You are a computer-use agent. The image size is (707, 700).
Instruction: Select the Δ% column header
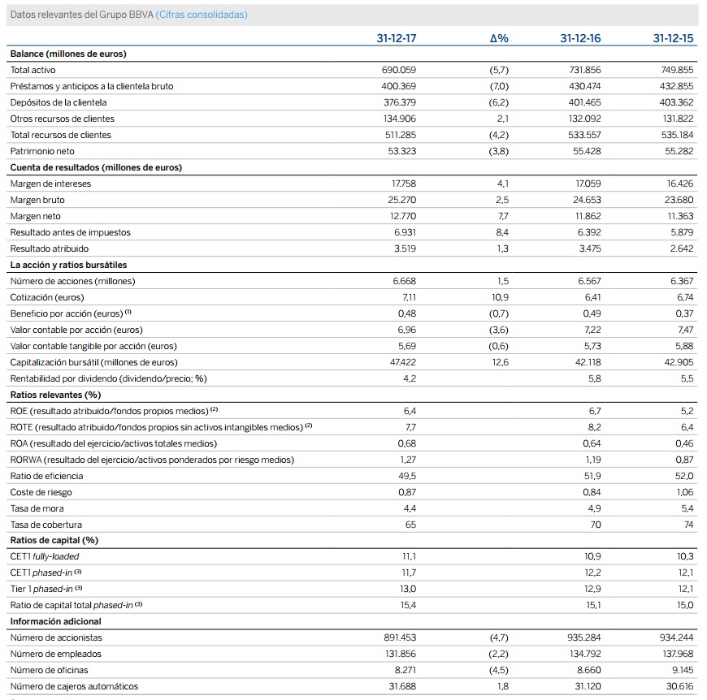coord(499,38)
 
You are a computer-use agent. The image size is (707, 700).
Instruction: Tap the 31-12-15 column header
coord(673,38)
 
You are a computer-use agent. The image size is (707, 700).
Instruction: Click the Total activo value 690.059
coord(399,70)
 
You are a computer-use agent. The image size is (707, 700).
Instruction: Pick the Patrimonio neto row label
coord(41,151)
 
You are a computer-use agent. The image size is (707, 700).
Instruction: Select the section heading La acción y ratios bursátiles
coord(68,265)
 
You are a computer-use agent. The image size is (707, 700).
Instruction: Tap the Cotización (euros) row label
coord(46,297)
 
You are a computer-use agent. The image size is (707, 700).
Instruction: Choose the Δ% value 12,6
coord(500,362)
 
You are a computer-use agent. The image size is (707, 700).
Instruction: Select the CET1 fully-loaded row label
coord(45,556)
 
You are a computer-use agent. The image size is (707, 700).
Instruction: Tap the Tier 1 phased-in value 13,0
coord(408,589)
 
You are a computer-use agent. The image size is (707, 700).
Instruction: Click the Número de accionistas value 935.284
coord(582,637)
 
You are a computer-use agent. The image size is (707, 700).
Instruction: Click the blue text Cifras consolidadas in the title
coord(202,15)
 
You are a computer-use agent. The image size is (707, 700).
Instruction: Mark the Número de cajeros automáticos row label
coord(74,686)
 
